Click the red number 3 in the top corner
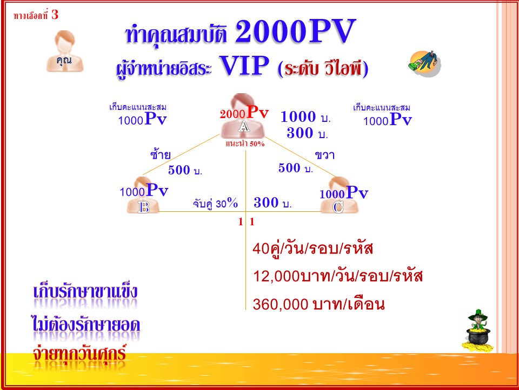55,15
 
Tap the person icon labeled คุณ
64,51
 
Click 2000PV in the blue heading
295,31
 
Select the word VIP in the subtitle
244,66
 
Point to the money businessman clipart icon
425,63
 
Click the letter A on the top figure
244,126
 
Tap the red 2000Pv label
244,113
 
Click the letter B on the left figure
144,207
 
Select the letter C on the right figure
338,207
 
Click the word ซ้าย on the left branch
160,154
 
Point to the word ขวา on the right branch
324,155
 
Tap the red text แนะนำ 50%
245,144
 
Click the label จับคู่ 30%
215,203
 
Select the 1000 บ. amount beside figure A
305,117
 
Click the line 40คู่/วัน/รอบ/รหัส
312,249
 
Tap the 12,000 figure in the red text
276,276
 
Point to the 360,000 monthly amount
281,304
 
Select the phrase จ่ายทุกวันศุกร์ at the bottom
79,354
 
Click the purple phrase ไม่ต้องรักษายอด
86,324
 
